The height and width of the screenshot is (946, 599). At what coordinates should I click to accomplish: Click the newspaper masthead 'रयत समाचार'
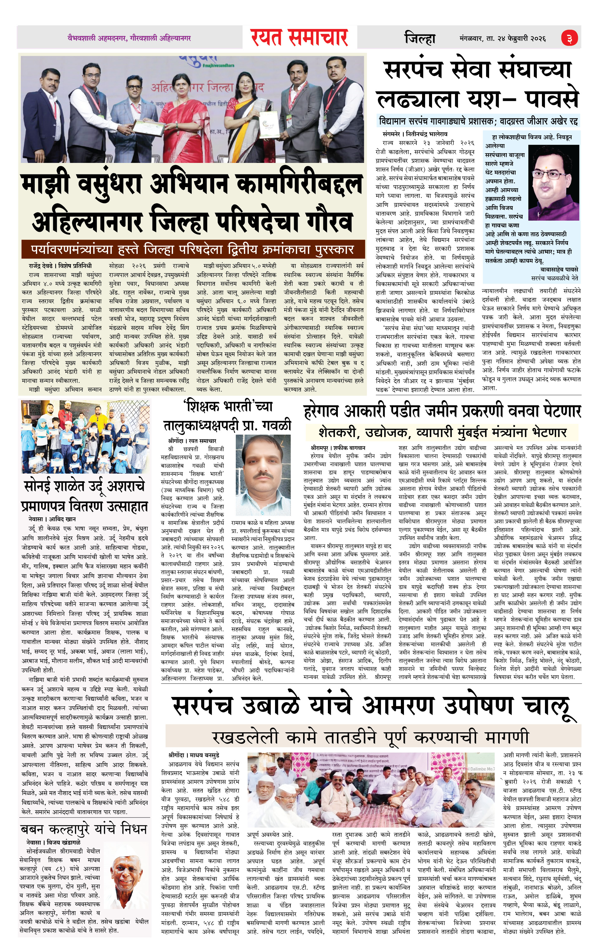click(299, 38)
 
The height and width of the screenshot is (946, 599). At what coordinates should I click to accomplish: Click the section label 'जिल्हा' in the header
click(420, 38)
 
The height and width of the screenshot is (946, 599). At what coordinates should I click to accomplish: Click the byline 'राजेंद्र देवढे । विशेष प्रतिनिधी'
click(60, 266)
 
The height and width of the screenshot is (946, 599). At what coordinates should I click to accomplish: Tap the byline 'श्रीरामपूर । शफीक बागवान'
click(338, 448)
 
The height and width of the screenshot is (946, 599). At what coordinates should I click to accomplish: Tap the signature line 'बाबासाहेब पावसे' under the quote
click(559, 270)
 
